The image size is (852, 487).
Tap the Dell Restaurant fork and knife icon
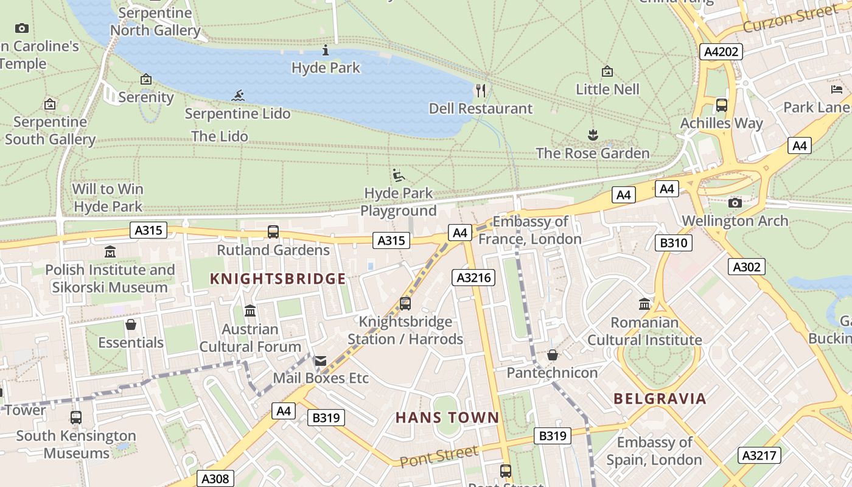pos(481,91)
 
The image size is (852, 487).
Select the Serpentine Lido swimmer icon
pos(238,95)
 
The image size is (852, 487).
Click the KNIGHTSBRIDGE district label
pos(278,279)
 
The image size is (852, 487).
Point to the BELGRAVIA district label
pos(660,399)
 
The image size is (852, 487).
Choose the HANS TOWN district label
pos(447,418)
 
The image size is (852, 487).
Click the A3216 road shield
pos(473,278)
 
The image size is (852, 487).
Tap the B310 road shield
pos(674,243)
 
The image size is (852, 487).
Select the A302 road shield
pos(746,267)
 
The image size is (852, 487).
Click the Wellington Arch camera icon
pos(735,203)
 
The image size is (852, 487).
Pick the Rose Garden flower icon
pos(593,135)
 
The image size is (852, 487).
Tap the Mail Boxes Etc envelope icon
pos(320,361)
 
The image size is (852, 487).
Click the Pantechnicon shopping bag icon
pos(552,354)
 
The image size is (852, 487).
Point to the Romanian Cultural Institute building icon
pos(644,303)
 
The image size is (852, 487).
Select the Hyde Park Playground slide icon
pos(399,175)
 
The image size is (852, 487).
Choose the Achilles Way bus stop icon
pos(721,105)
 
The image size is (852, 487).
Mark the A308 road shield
pos(215,479)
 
